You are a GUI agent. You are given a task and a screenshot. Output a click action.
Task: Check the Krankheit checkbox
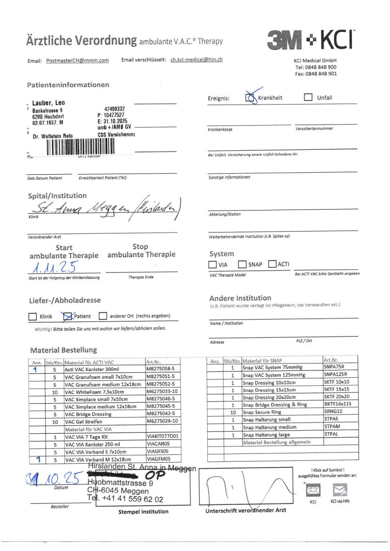[250, 98]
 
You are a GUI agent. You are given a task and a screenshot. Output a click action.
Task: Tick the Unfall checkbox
[308, 97]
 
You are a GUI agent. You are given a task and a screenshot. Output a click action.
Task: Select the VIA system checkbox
[212, 264]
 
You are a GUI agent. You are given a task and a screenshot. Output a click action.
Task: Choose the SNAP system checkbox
[242, 264]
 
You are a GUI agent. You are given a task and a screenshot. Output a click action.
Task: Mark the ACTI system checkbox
[273, 264]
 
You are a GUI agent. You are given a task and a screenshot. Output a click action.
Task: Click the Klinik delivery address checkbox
[32, 316]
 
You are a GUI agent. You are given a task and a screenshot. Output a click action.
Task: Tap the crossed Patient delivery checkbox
[67, 316]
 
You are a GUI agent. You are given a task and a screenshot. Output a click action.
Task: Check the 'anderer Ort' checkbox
[103, 316]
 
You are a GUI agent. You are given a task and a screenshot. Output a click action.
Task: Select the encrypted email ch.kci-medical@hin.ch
[196, 60]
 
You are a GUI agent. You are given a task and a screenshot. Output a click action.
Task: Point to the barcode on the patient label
[81, 146]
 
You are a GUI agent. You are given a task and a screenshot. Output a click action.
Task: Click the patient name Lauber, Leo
[48, 103]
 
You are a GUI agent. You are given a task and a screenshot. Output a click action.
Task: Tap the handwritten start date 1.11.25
[55, 268]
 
